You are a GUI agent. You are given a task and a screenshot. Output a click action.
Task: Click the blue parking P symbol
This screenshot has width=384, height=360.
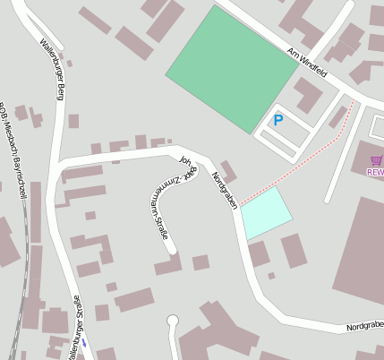[277, 120]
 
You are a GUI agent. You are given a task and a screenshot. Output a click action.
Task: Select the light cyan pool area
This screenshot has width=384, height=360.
[267, 213]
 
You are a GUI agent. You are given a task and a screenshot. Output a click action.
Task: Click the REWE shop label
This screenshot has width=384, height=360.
[375, 172]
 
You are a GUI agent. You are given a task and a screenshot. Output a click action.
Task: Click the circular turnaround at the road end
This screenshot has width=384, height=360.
[173, 321]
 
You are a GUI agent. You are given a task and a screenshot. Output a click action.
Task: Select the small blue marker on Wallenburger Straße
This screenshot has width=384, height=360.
[84, 341]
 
